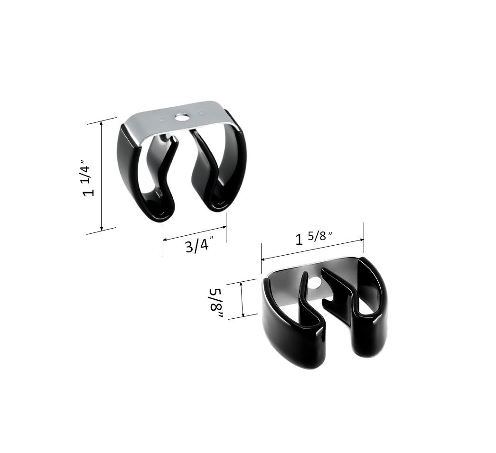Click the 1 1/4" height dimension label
tap(89, 181)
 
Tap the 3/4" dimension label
tap(198, 246)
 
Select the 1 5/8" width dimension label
tap(314, 237)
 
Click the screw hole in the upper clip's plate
tap(180, 117)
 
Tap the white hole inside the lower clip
tap(314, 284)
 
